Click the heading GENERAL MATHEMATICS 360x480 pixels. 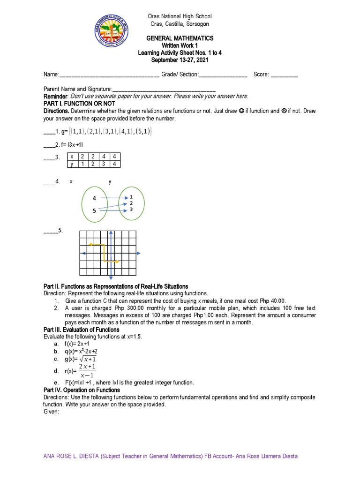pos(180,38)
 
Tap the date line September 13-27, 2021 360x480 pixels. pos(180,60)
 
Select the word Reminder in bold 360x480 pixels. pos(56,96)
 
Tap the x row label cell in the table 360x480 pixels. pos(72,156)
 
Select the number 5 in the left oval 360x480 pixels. pos(94,211)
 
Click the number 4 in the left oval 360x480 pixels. pos(94,198)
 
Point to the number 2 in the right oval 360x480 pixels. pos(131,203)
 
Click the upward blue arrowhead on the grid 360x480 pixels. pos(111,233)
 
